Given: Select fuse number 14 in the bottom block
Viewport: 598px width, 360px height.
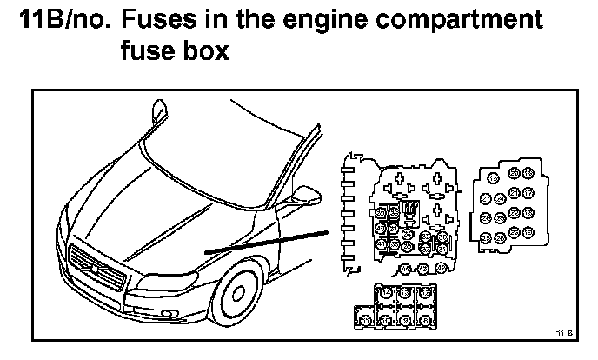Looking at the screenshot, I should tap(386, 293).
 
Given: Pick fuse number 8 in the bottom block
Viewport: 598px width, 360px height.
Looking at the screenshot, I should tap(425, 320).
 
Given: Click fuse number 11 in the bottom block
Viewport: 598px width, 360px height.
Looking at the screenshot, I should tap(366, 320).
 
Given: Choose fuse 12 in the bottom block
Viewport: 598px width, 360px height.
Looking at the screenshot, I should tap(425, 293).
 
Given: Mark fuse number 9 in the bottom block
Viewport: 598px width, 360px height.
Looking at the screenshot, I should tap(405, 320).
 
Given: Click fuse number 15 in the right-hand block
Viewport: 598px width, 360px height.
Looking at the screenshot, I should tap(494, 178).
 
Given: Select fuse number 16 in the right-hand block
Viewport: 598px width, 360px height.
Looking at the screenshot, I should tap(528, 173).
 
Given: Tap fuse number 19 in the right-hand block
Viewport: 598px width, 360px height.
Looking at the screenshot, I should tap(528, 232).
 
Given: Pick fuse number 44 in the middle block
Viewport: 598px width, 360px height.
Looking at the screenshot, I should tap(405, 269).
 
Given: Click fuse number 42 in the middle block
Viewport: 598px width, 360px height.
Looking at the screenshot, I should tap(441, 268).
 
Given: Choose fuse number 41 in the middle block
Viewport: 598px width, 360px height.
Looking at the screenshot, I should tap(381, 244).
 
